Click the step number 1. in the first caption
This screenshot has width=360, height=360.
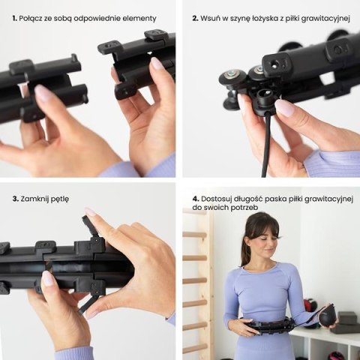pos(14,17)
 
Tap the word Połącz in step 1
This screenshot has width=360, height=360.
pos(34,17)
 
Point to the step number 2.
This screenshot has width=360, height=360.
pos(195,17)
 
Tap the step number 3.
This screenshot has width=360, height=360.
pos(14,199)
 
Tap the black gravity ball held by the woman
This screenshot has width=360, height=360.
pos(328,316)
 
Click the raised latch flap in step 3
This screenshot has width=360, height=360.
pos(91,224)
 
